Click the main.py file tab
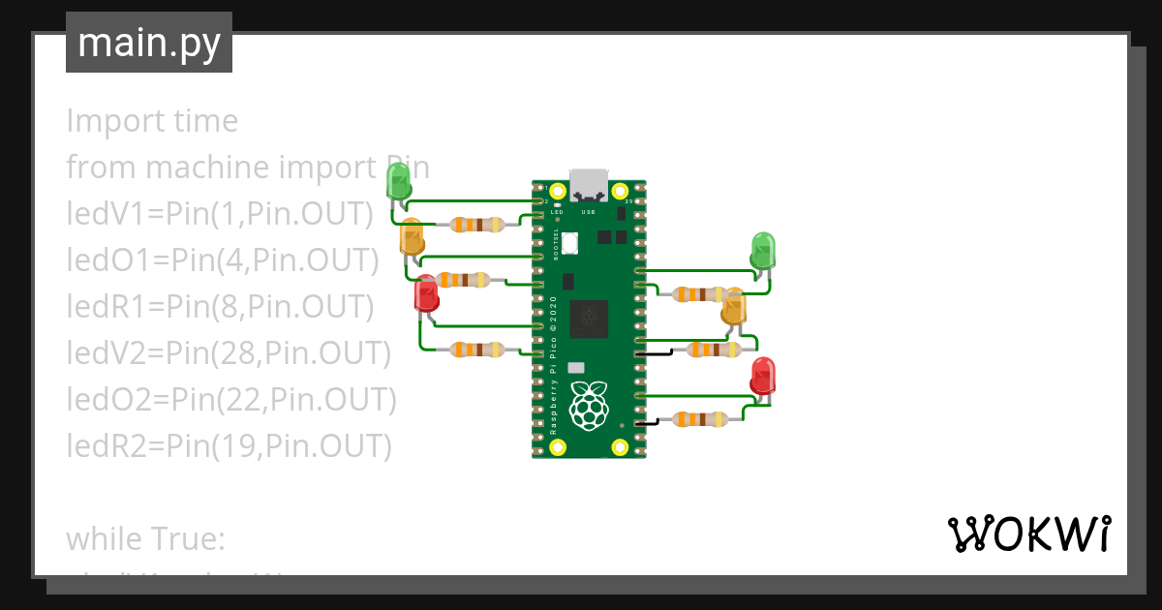coord(148,43)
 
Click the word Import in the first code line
coord(103,121)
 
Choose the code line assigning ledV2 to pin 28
coord(228,353)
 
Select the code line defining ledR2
coord(229,445)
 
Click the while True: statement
coord(145,538)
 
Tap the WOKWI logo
coord(1028,534)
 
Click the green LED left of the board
coord(398,180)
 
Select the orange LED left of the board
coord(412,237)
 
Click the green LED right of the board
coord(763,250)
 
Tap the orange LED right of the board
coord(734,308)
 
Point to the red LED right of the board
coord(763,376)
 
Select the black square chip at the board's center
coord(589,317)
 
